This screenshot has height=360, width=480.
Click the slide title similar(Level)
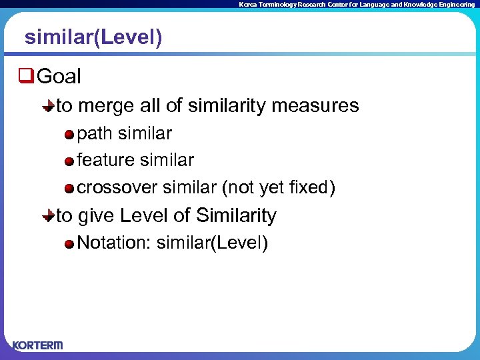pos(93,38)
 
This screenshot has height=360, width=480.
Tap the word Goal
pos(59,77)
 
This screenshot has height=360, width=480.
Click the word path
pos(95,134)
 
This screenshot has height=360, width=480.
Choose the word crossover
pos(117,188)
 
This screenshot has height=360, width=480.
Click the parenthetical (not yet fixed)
pos(279,188)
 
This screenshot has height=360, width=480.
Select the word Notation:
pos(115,243)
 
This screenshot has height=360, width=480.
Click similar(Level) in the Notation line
pos(212,243)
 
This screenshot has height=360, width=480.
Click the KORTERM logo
pos(37,345)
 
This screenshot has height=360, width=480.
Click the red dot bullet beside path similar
pos(69,135)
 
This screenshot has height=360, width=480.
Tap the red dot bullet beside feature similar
pos(69,161)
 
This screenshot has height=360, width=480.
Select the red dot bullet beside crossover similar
pos(69,189)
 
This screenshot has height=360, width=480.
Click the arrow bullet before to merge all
pos(49,106)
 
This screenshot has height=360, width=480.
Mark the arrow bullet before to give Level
pos(49,216)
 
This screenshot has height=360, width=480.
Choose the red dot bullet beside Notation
pos(69,243)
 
